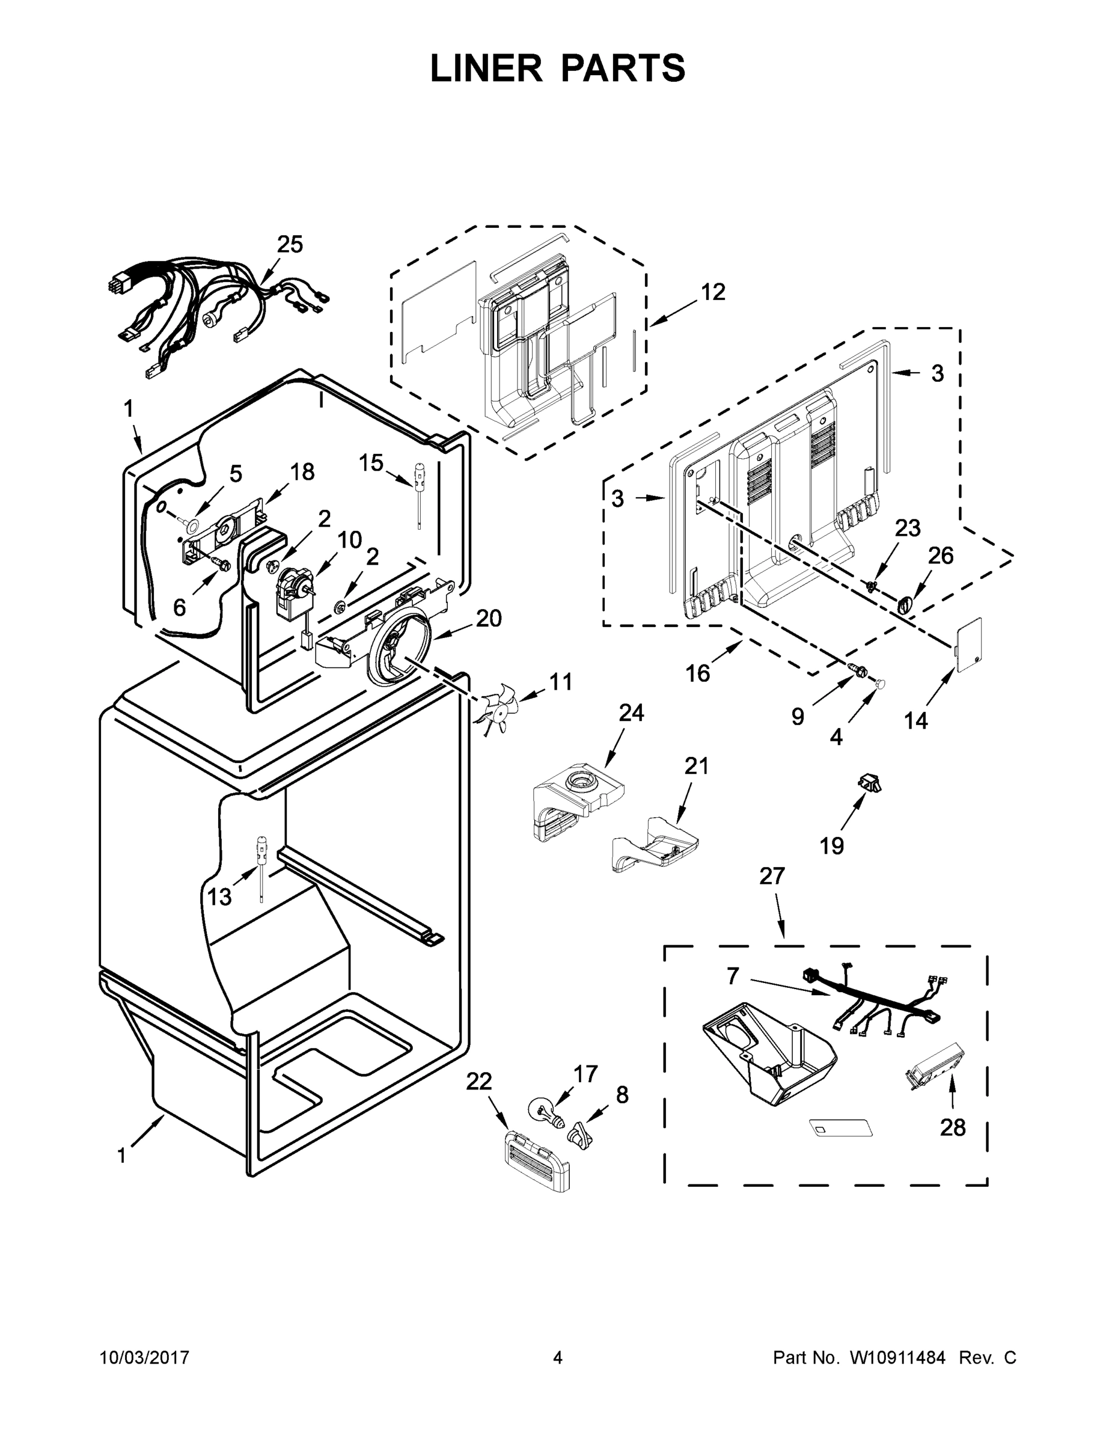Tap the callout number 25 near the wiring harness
pyautogui.click(x=289, y=245)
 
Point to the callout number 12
pyautogui.click(x=713, y=292)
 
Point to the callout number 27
pyautogui.click(x=772, y=875)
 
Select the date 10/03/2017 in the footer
pyautogui.click(x=145, y=1358)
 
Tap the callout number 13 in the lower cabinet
pyautogui.click(x=219, y=896)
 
